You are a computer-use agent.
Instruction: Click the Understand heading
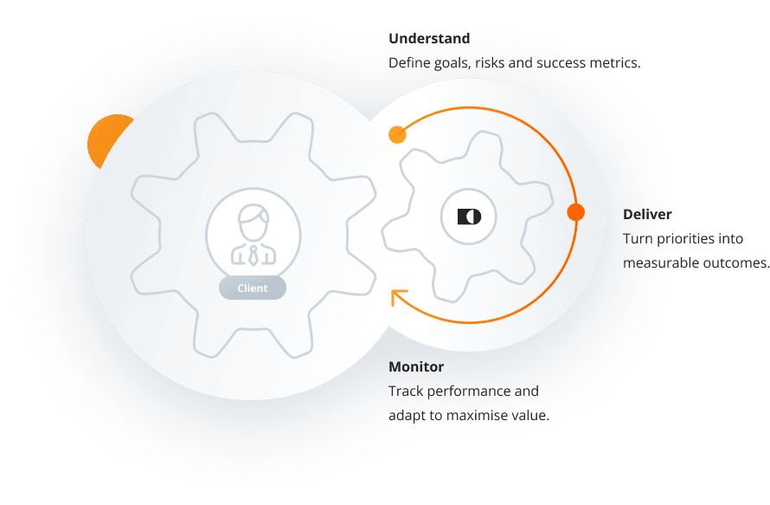click(x=429, y=39)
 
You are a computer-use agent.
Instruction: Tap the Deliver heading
click(x=647, y=214)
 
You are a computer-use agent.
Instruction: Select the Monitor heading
click(x=416, y=367)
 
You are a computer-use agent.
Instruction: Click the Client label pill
click(x=253, y=288)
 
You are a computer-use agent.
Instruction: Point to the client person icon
click(x=253, y=234)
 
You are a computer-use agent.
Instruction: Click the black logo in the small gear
click(x=469, y=216)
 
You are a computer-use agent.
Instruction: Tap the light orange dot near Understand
click(x=397, y=134)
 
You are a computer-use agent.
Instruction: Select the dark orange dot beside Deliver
click(x=575, y=212)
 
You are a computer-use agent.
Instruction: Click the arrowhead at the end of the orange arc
click(x=399, y=298)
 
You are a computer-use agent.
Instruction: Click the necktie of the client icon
click(x=253, y=255)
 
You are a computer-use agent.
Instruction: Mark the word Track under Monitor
click(x=405, y=392)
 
